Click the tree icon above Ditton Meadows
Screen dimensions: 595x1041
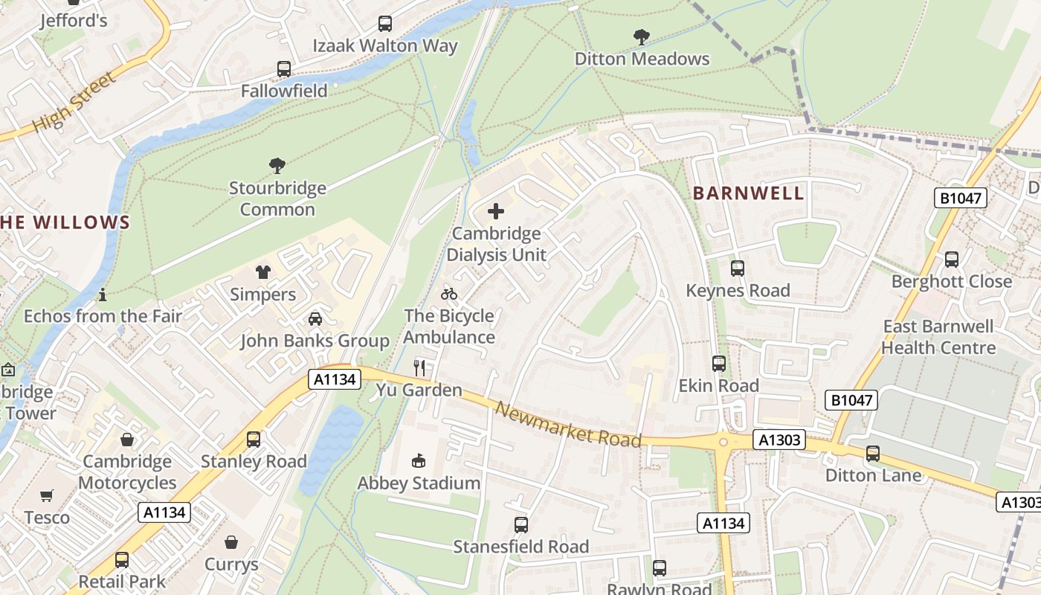point(641,36)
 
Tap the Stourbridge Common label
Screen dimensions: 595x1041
point(277,199)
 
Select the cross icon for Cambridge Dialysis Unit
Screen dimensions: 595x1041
point(496,211)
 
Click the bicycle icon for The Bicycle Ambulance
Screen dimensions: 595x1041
point(449,294)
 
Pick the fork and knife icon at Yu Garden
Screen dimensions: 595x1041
point(419,367)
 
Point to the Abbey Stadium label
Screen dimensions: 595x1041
point(419,483)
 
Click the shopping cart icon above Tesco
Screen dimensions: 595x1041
point(47,495)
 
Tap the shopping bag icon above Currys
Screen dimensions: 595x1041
point(231,542)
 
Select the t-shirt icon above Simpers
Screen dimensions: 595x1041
point(263,272)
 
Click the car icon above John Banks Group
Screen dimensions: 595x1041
point(315,318)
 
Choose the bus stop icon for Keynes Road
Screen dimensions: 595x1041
point(738,268)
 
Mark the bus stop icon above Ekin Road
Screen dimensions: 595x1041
point(719,364)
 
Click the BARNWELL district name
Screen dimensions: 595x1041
point(749,193)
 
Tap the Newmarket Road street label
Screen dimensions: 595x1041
point(568,425)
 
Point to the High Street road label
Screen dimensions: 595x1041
point(75,102)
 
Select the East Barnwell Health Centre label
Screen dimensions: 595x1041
point(938,337)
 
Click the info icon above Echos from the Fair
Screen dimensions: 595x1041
point(103,295)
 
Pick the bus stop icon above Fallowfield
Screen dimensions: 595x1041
point(284,69)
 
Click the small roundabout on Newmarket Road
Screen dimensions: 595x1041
point(723,442)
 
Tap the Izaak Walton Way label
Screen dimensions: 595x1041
point(385,45)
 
